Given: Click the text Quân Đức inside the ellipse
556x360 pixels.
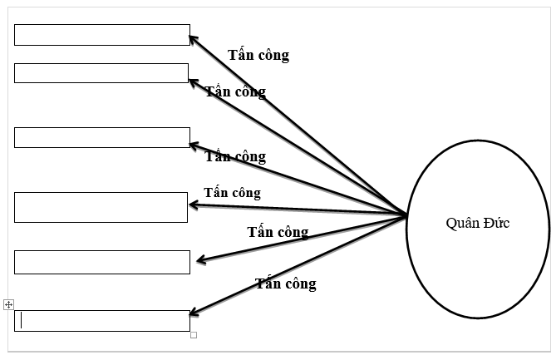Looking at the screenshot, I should pyautogui.click(x=477, y=223).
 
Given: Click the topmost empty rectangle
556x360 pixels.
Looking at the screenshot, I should pyautogui.click(x=102, y=35).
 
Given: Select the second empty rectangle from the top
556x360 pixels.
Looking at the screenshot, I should pyautogui.click(x=101, y=73).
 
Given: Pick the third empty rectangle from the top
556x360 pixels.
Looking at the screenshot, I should pyautogui.click(x=102, y=137).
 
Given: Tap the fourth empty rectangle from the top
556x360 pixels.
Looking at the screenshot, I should pyautogui.click(x=101, y=207).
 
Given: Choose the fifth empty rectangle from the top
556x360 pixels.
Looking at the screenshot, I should pyautogui.click(x=102, y=262).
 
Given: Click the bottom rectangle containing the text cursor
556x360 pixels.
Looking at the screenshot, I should pyautogui.click(x=102, y=321).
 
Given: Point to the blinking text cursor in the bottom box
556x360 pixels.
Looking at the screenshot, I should pyautogui.click(x=22, y=321).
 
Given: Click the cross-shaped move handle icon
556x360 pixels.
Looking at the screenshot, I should pyautogui.click(x=8, y=305).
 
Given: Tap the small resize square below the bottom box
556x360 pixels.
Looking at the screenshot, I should pyautogui.click(x=194, y=335).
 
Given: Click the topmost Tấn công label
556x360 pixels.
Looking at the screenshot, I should pyautogui.click(x=258, y=56).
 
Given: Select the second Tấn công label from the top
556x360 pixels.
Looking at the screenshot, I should pyautogui.click(x=235, y=91).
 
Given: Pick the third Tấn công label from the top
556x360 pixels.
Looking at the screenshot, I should pyautogui.click(x=235, y=156).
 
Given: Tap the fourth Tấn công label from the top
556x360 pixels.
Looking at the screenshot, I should pyautogui.click(x=232, y=193).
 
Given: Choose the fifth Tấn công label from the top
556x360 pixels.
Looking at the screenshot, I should pyautogui.click(x=278, y=232).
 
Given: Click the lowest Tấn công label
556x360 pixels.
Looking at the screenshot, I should pyautogui.click(x=286, y=284).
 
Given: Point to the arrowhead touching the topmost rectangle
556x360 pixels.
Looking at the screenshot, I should pyautogui.click(x=193, y=37).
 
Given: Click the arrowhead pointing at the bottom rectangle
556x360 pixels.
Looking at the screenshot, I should pyautogui.click(x=193, y=313).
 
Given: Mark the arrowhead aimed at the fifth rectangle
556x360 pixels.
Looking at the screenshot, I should pyautogui.click(x=199, y=261).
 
